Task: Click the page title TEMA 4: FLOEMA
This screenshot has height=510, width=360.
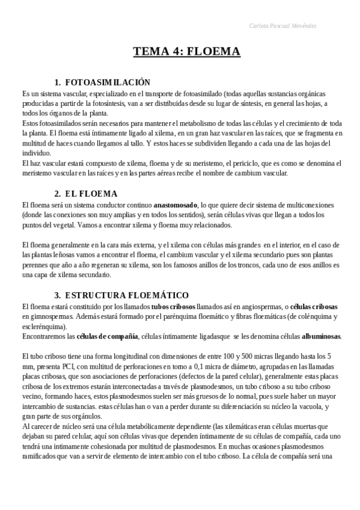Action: click(187, 52)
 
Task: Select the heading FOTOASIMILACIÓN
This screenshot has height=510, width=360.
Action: click(107, 82)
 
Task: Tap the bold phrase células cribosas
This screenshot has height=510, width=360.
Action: click(315, 306)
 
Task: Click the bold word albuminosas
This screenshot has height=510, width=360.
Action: click(321, 336)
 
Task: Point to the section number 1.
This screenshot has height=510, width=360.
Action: click(57, 82)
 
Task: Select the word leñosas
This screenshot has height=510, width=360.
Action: click(71, 255)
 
